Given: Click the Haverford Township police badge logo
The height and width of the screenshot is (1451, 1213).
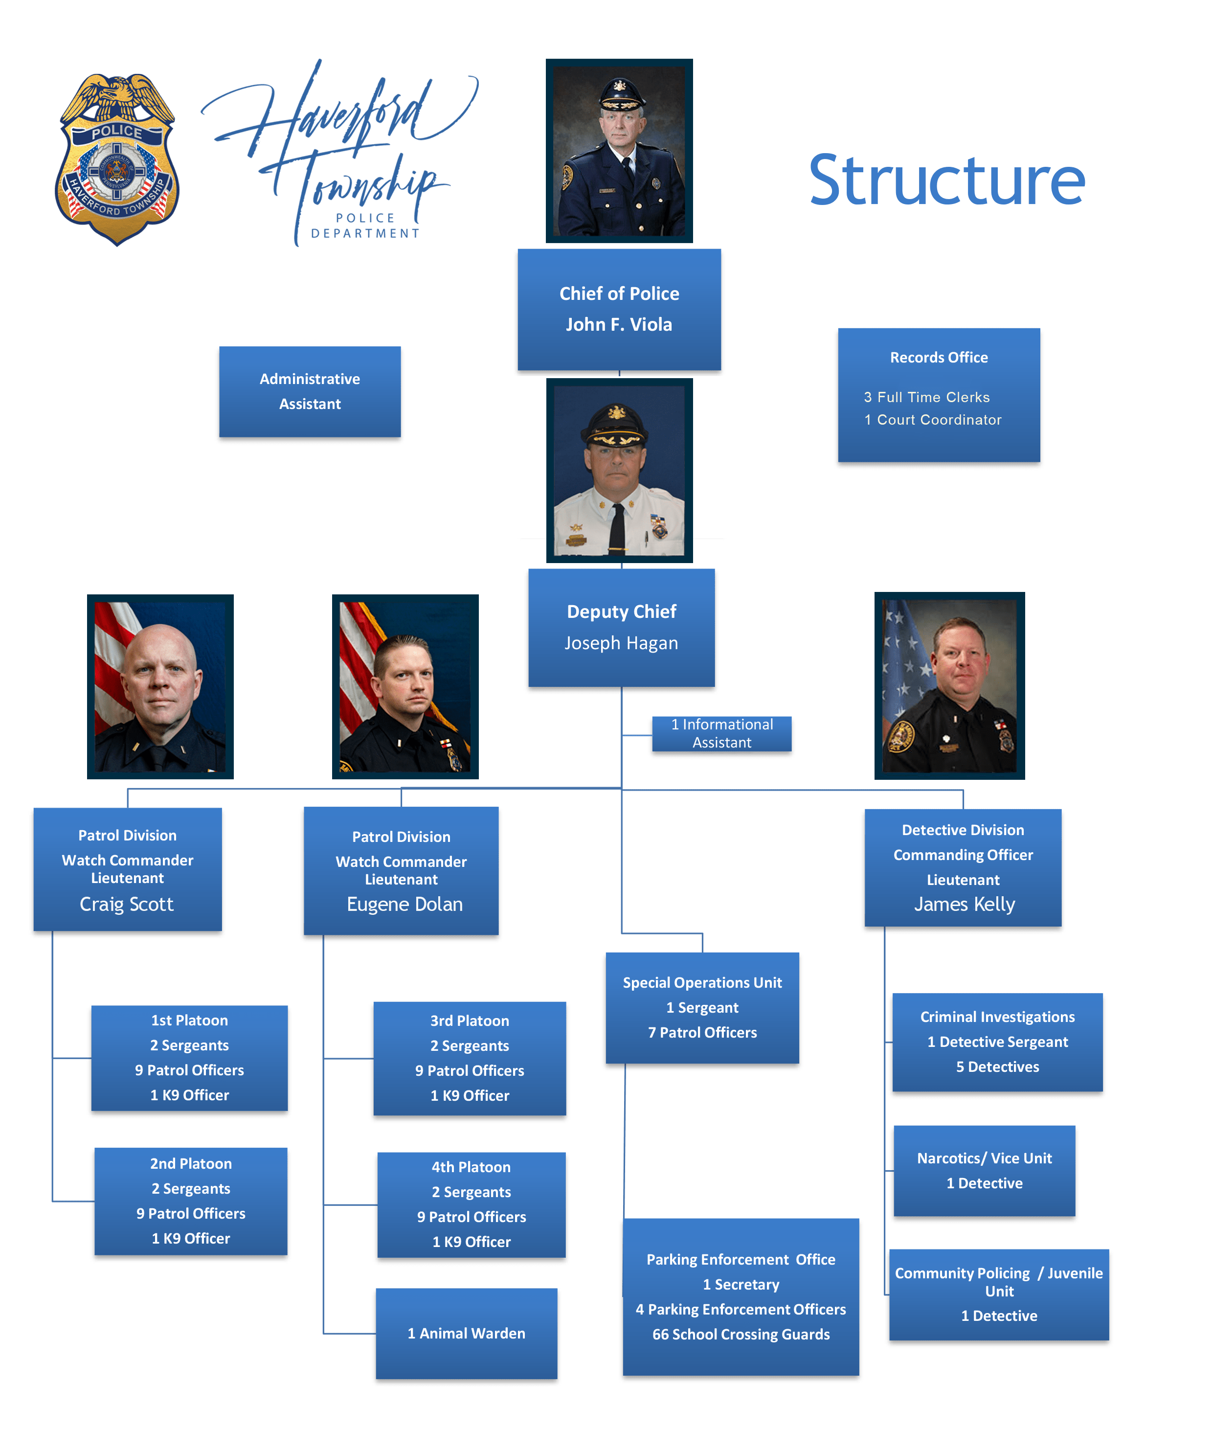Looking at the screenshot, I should pyautogui.click(x=117, y=159).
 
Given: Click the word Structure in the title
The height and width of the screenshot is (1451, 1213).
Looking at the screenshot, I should pyautogui.click(x=946, y=181).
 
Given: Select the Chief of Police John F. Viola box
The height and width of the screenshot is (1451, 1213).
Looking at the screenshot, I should pyautogui.click(x=619, y=310).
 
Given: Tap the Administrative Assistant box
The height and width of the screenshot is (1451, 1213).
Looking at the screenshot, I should pyautogui.click(x=310, y=392).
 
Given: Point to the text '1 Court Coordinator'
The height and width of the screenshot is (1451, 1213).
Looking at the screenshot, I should pyautogui.click(x=933, y=420).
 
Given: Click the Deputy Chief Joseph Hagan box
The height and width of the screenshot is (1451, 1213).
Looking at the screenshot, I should pyautogui.click(x=621, y=627).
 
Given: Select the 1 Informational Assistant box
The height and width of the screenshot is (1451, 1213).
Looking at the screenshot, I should pyautogui.click(x=722, y=734).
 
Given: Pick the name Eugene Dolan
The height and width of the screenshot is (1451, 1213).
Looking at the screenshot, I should pyautogui.click(x=405, y=905).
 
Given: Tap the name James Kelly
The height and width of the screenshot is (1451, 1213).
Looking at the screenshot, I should pyautogui.click(x=965, y=905).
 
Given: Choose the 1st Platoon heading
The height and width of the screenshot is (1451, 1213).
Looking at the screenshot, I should pyautogui.click(x=189, y=1020).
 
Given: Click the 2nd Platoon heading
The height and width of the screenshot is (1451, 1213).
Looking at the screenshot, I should pyautogui.click(x=191, y=1163).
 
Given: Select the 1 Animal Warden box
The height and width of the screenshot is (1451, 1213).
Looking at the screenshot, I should pyautogui.click(x=466, y=1334).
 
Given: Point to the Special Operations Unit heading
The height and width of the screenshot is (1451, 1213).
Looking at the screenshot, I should pyautogui.click(x=702, y=982).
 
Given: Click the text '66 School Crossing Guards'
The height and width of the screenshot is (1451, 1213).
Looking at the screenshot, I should pyautogui.click(x=741, y=1334).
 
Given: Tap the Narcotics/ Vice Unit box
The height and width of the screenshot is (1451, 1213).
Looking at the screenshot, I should pyautogui.click(x=985, y=1171).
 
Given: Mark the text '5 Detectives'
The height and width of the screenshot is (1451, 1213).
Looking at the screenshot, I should pyautogui.click(x=997, y=1067).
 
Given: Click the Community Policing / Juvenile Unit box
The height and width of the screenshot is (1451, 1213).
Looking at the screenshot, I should pyautogui.click(x=999, y=1294).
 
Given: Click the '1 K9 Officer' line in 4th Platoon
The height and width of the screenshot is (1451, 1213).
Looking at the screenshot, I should pyautogui.click(x=471, y=1242).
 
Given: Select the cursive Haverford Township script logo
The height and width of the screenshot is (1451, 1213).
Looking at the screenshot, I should pyautogui.click(x=338, y=152).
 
